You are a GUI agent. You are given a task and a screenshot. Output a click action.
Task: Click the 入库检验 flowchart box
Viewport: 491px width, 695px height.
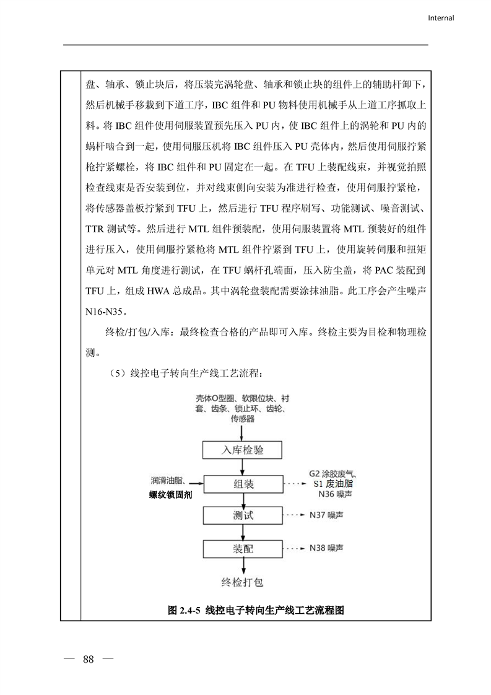tap(243, 450)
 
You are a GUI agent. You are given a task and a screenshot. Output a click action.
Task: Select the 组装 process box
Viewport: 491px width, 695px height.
tap(243, 484)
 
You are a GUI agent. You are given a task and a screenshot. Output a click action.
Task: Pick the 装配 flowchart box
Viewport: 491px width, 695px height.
tap(243, 549)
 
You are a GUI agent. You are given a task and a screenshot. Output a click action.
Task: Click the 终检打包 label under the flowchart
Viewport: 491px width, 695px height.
tap(243, 582)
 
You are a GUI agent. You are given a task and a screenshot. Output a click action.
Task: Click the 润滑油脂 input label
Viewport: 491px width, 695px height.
tap(167, 481)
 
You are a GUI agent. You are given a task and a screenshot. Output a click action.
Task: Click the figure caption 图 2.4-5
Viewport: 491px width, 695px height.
tap(256, 610)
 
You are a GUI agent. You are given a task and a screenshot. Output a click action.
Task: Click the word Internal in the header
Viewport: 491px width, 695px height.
tap(441, 18)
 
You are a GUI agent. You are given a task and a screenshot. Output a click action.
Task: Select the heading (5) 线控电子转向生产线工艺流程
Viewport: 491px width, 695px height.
tap(185, 374)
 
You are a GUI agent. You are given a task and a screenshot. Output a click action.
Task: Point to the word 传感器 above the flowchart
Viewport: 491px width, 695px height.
tap(243, 419)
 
